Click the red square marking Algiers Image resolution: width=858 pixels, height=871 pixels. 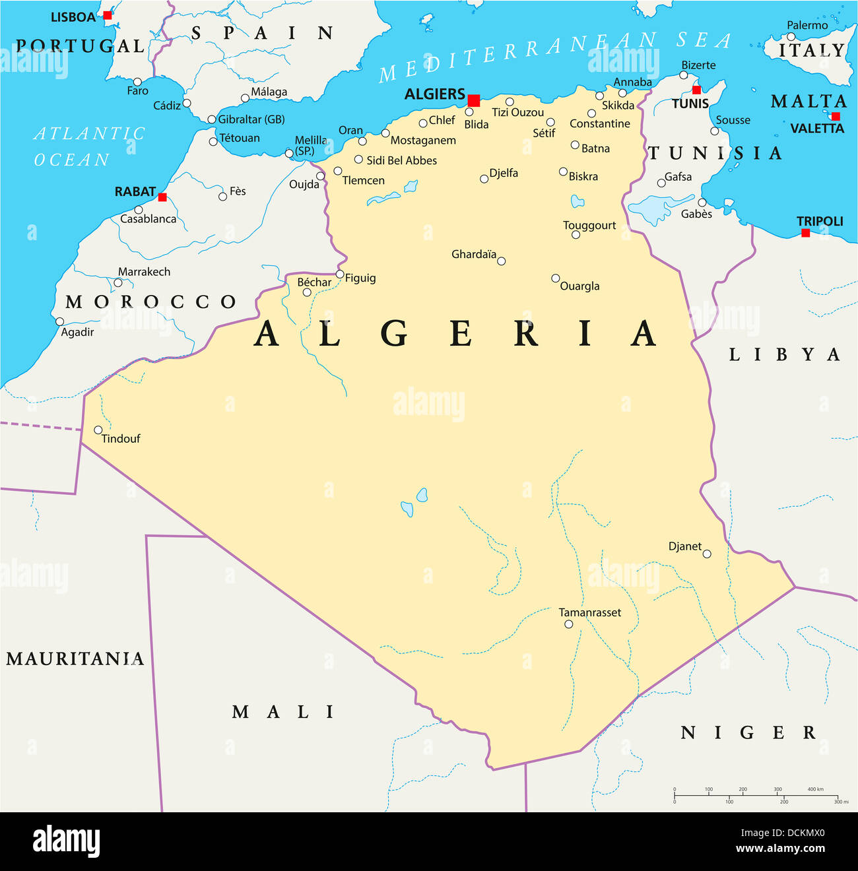473,100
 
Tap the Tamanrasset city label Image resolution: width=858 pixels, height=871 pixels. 589,612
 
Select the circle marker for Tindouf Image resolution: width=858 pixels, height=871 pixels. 98,430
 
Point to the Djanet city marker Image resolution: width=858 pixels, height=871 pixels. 707,554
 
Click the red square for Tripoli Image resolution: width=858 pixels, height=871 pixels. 805,233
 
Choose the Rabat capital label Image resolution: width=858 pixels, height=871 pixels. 135,191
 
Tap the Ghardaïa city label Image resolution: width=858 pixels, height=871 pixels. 473,254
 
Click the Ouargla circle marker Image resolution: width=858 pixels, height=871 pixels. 556,278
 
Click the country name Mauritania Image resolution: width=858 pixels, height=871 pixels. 75,659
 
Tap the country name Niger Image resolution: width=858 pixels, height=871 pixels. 748,732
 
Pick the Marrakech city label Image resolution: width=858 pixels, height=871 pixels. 144,271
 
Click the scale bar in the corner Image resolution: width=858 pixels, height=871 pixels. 756,795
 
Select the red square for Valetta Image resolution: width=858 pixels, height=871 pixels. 836,116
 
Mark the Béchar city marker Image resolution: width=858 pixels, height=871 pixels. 307,292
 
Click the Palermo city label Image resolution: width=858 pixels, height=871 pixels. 807,25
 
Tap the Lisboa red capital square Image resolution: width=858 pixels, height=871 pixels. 108,15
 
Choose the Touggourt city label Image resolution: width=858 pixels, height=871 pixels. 589,225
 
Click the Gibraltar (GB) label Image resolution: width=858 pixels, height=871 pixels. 251,119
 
